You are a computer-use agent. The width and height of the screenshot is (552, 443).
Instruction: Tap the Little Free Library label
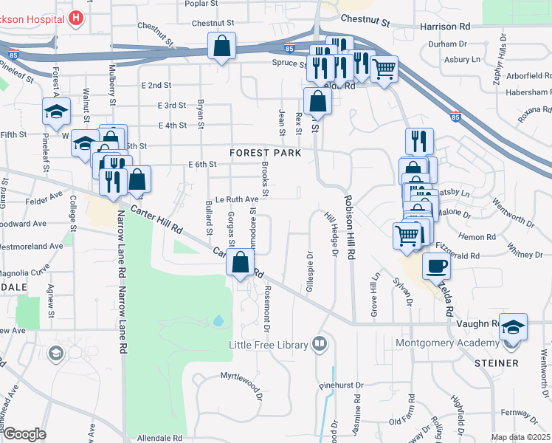[270, 344]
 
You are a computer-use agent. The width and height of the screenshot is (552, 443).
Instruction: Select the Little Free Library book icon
[319, 343]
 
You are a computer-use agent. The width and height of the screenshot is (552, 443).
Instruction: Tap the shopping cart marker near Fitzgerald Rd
[407, 236]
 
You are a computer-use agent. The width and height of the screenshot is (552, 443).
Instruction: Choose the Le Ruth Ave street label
[236, 199]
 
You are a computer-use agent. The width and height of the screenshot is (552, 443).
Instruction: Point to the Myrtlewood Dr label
[242, 377]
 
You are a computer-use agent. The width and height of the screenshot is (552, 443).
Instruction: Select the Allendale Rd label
[159, 437]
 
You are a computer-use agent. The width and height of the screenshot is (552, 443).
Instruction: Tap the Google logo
[24, 434]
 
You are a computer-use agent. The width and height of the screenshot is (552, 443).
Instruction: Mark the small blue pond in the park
[218, 321]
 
